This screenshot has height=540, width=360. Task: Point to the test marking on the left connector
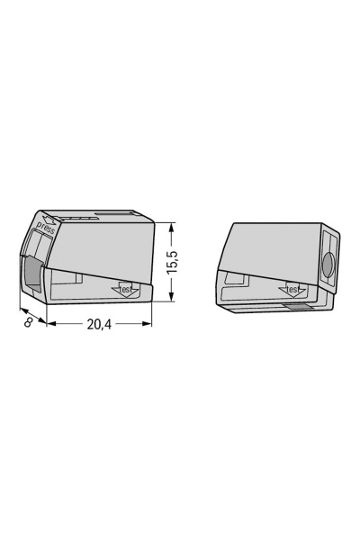pyautogui.click(x=125, y=290)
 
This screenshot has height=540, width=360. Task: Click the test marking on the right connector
pyautogui.click(x=292, y=290)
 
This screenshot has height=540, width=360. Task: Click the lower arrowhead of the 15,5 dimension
pyautogui.click(x=170, y=301)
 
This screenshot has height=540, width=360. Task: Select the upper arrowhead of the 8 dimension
pyautogui.click(x=20, y=310)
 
